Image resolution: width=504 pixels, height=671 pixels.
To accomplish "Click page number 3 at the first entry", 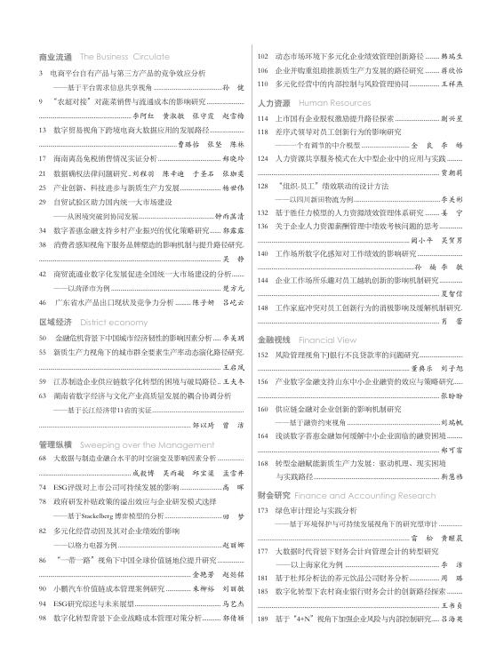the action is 42,72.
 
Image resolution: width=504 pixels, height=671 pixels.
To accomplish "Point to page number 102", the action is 263,56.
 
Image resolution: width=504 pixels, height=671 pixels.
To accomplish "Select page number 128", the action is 263,187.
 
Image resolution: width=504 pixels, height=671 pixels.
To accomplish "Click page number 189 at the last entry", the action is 263,643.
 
